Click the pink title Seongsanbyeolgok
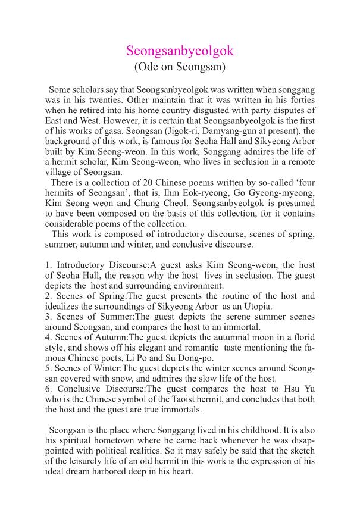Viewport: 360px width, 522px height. coord(180,51)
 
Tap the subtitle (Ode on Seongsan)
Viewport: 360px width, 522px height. coord(180,67)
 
